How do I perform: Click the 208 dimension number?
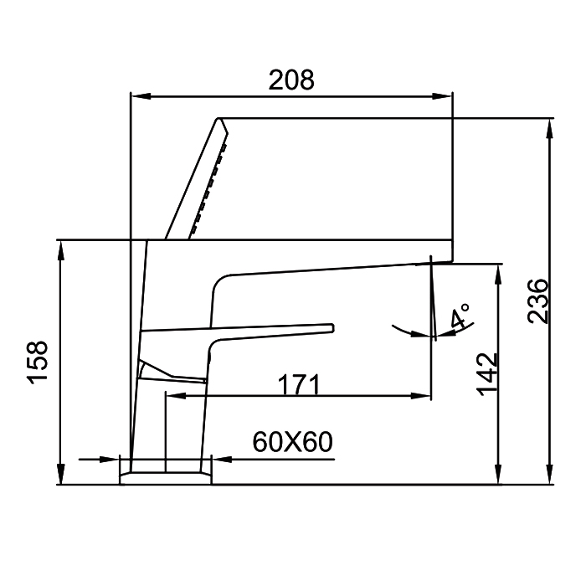pos(291,80)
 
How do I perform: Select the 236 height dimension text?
pos(537,301)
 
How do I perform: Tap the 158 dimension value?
pos(38,362)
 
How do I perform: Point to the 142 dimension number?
pos(487,374)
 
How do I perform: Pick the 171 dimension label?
pos(299,384)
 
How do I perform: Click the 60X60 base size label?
pos(292,442)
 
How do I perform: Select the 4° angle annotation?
pos(460,316)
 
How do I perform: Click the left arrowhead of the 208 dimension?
pos(141,96)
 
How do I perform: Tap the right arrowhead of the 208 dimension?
pos(442,96)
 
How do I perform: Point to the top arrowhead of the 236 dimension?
pos(549,129)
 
